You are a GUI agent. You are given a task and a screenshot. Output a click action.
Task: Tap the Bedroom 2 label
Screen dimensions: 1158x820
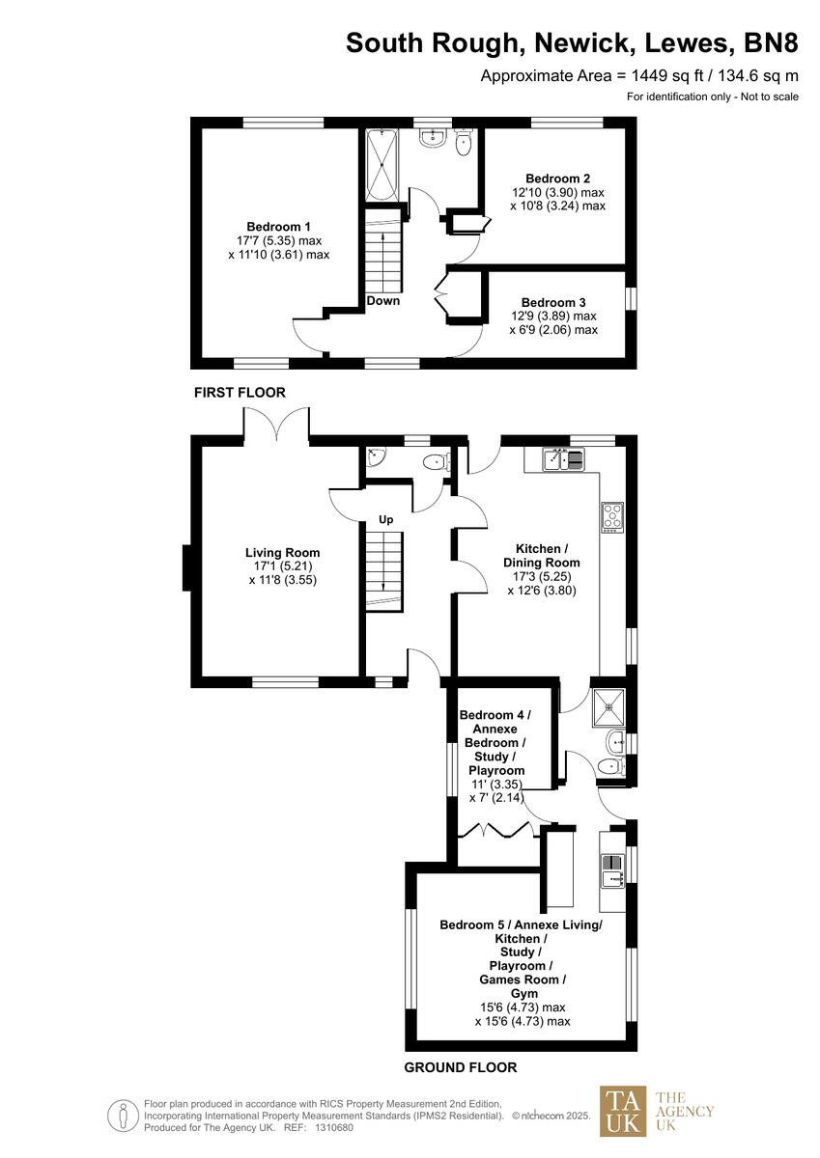557,179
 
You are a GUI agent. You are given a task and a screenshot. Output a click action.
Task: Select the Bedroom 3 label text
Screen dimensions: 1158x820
553,301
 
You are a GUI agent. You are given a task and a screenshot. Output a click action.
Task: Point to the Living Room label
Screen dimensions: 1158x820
282,553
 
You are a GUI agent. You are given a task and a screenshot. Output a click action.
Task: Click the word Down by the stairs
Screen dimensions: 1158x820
382,300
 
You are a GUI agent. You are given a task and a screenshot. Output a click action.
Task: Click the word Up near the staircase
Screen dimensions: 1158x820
385,520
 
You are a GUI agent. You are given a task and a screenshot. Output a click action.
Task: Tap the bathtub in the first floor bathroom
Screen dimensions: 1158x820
379,165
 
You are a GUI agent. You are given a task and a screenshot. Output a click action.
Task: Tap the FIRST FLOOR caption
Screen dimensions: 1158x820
240,393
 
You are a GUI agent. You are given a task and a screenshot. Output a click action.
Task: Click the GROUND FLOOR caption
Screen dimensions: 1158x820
460,1067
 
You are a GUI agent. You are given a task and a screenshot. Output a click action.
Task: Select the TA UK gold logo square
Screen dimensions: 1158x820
622,1112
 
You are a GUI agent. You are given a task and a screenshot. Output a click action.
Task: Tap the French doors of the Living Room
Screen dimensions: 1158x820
276,425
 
